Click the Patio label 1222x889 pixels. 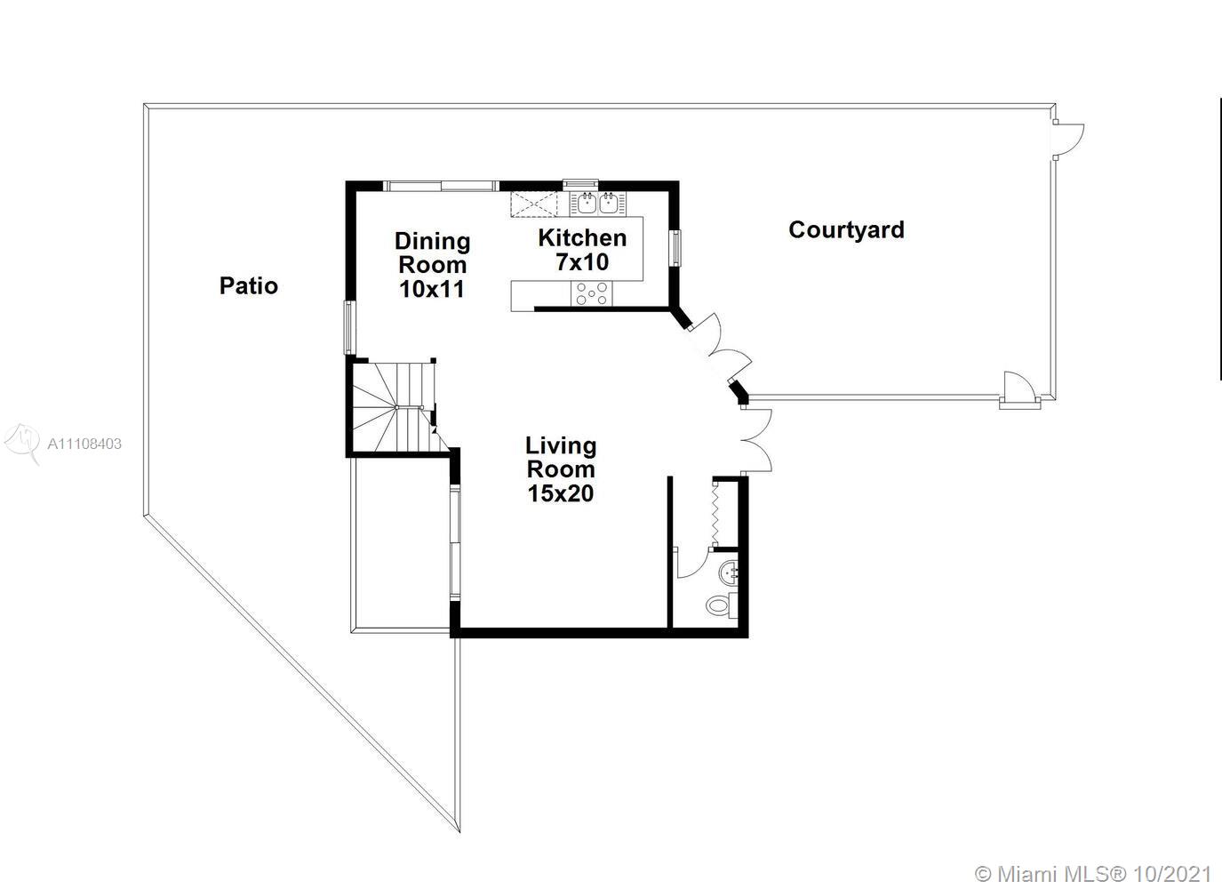click(x=249, y=285)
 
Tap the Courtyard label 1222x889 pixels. click(x=846, y=229)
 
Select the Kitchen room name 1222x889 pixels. click(x=582, y=238)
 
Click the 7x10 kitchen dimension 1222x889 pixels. click(x=582, y=262)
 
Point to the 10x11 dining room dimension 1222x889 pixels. click(x=432, y=289)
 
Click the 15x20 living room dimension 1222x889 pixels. click(x=561, y=493)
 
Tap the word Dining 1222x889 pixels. click(x=432, y=242)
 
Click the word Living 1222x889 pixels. click(x=561, y=446)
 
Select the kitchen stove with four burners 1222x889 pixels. click(x=592, y=293)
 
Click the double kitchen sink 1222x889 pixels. click(x=598, y=204)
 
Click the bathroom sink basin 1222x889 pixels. click(x=729, y=573)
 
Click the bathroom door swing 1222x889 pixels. click(x=691, y=563)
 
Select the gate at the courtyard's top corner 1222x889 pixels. click(x=1068, y=140)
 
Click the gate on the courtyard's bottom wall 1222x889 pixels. click(x=1019, y=389)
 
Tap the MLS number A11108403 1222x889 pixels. click(x=84, y=444)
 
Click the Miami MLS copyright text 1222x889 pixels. click(x=1093, y=874)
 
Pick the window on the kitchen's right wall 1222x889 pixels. click(x=676, y=248)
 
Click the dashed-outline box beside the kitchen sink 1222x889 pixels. click(x=535, y=204)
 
